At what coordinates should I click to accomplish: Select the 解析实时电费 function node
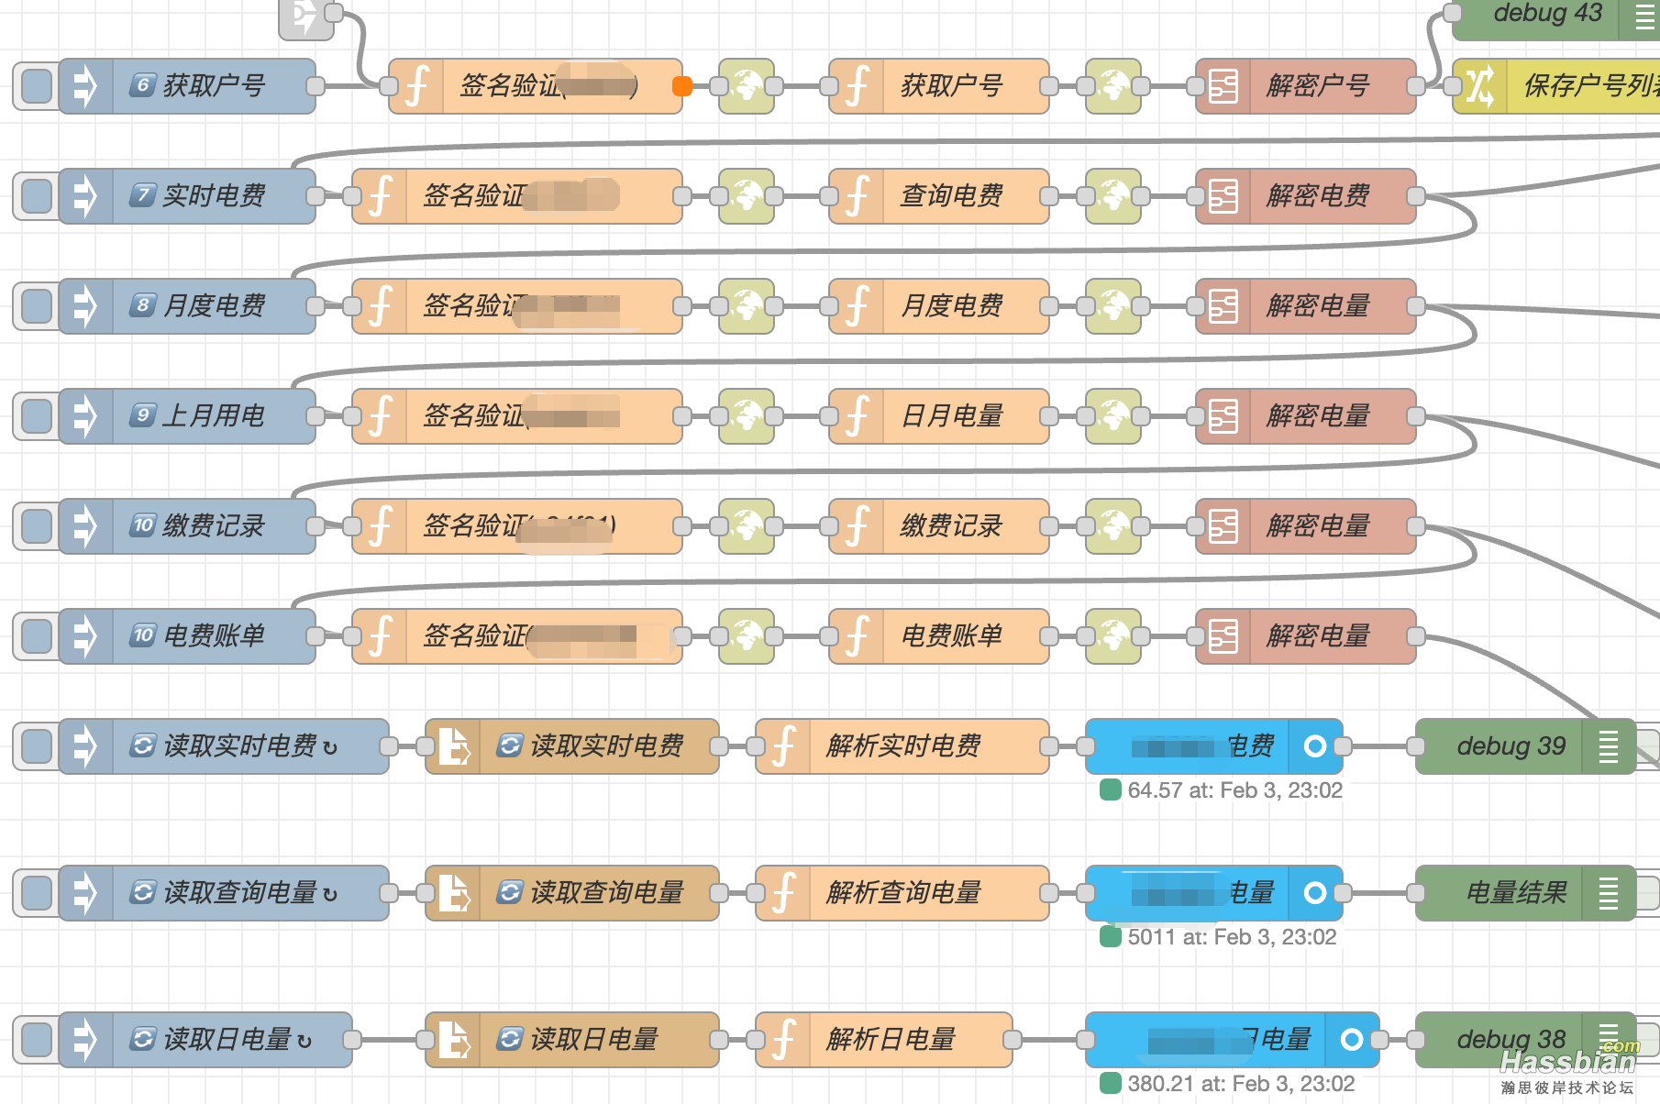tap(903, 746)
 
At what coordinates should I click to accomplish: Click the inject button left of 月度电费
tap(37, 306)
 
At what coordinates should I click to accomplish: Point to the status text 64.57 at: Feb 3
tap(1234, 790)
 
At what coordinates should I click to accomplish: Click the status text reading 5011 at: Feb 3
tap(1231, 937)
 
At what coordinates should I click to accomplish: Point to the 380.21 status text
tap(1240, 1084)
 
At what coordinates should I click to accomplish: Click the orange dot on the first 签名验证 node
tap(681, 86)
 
